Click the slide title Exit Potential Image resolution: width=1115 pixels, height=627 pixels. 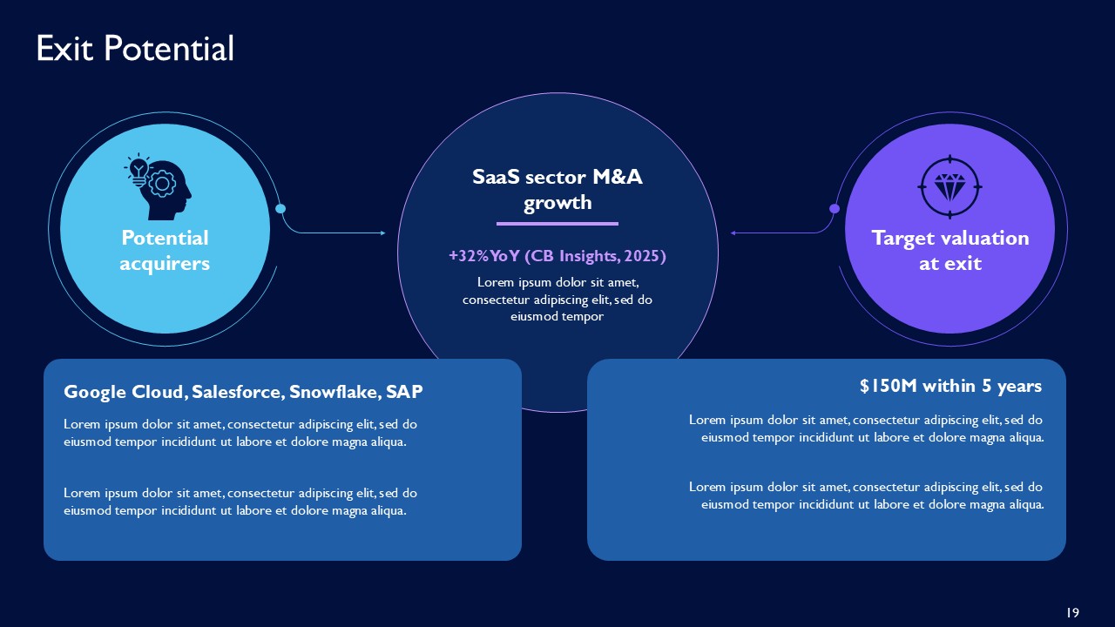[x=135, y=49]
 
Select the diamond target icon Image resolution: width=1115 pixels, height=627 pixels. [x=949, y=185]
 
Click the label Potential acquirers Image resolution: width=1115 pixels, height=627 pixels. [x=165, y=250]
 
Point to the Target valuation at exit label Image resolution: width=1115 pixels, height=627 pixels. [x=949, y=250]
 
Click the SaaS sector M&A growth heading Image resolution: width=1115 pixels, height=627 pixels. [x=557, y=190]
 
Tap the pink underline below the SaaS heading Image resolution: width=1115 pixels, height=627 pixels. [x=557, y=224]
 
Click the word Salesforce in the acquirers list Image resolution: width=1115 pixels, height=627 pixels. [x=237, y=392]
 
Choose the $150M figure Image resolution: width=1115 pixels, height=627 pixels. [x=889, y=385]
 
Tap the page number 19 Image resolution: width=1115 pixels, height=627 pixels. [x=1072, y=613]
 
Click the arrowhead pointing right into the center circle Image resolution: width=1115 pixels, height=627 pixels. [x=382, y=233]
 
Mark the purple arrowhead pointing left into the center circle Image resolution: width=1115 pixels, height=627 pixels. [x=733, y=233]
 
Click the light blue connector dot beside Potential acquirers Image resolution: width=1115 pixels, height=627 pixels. [x=280, y=208]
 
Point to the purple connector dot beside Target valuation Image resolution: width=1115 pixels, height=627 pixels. [x=835, y=208]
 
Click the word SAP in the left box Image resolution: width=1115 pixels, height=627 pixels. [x=405, y=392]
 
